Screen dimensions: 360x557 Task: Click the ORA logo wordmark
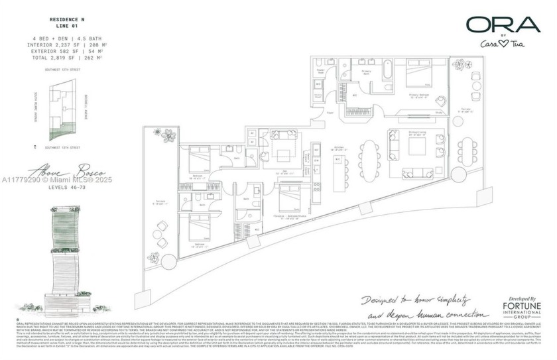pos(502,25)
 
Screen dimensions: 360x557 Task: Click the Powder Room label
pos(320,71)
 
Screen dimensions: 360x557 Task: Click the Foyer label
pos(330,113)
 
